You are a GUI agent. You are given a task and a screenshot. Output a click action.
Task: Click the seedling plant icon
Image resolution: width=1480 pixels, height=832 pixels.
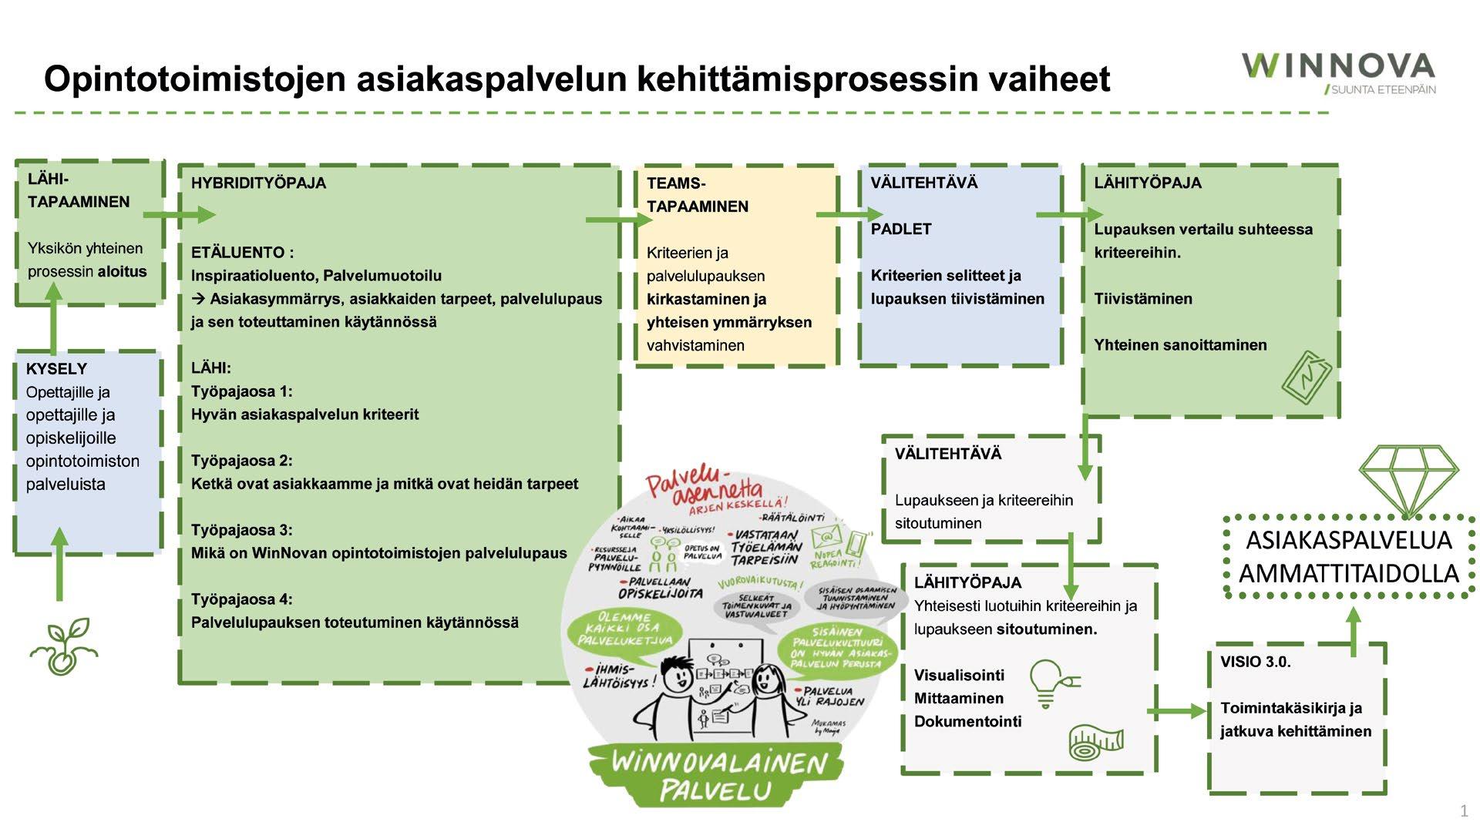point(64,646)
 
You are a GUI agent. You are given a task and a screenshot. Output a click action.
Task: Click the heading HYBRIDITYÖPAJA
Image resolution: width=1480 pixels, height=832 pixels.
point(258,183)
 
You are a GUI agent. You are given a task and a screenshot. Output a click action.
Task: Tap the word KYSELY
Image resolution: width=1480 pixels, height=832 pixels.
point(56,369)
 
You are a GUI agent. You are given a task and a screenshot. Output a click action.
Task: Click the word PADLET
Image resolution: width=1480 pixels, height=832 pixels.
point(901,229)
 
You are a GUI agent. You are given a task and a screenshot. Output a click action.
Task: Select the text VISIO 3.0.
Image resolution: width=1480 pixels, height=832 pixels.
point(1255,662)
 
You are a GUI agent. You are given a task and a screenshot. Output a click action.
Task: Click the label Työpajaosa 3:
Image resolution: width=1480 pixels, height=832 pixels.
point(241,530)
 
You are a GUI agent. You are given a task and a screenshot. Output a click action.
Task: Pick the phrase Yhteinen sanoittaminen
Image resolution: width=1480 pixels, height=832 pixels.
point(1180,345)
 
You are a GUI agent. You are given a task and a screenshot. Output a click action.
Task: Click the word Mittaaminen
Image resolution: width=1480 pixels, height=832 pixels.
point(959,699)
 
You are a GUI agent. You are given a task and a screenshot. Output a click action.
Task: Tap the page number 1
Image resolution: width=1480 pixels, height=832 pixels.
point(1464,810)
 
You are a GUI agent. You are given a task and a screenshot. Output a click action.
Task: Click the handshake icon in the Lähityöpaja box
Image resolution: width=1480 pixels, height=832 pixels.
point(1307,377)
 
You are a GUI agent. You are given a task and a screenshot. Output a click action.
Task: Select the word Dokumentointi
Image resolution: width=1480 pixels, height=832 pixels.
point(967,722)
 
